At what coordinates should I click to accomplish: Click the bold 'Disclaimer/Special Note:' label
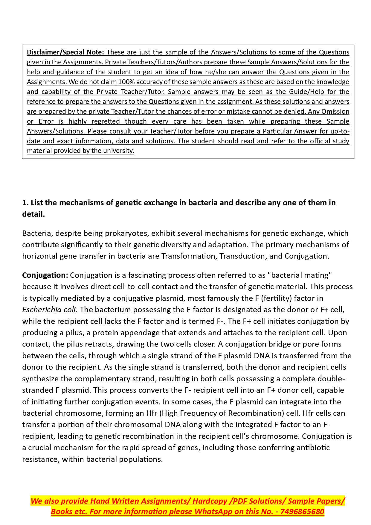(65, 52)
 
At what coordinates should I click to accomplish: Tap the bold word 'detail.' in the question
(33, 214)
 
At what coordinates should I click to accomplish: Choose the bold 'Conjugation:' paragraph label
(45, 275)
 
